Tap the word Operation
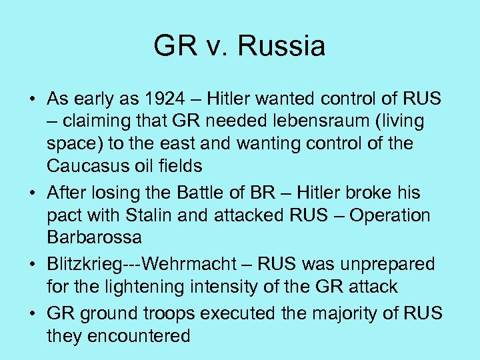click(390, 215)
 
